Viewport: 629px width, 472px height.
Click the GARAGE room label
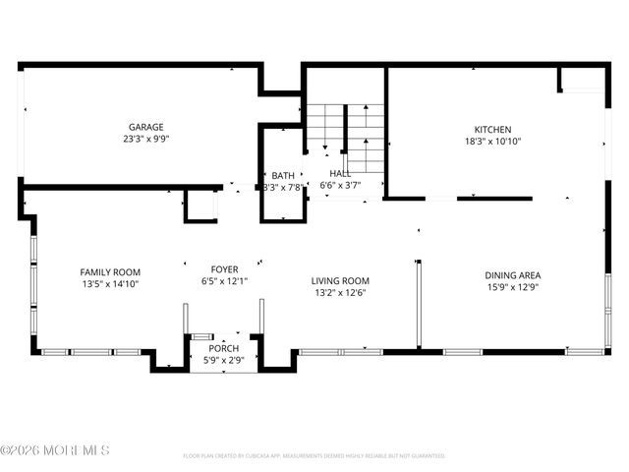[x=145, y=127]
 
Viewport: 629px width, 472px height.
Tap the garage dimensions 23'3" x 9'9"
[x=145, y=139]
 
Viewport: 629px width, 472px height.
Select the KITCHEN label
[x=492, y=130]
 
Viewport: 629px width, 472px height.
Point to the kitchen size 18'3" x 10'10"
[x=492, y=142]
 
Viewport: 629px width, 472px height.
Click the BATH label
[x=283, y=175]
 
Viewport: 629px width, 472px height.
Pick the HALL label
[x=341, y=173]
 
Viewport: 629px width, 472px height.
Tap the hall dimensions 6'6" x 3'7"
[x=341, y=185]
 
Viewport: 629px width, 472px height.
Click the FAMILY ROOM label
[x=110, y=272]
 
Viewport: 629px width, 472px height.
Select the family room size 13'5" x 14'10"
[x=110, y=284]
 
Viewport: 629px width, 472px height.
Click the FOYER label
[x=224, y=269]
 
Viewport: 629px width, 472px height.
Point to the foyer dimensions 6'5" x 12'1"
[x=224, y=281]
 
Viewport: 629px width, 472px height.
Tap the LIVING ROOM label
[x=341, y=280]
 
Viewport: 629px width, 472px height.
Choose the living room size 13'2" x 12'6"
[x=341, y=292]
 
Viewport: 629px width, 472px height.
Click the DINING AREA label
[x=512, y=275]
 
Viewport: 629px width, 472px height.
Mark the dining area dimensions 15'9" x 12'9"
[x=512, y=287]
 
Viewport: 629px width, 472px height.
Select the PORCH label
[x=223, y=349]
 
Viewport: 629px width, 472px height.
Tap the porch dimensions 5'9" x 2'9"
[x=223, y=361]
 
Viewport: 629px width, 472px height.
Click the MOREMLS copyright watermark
[x=55, y=450]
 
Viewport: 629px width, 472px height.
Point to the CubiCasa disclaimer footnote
[x=314, y=456]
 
